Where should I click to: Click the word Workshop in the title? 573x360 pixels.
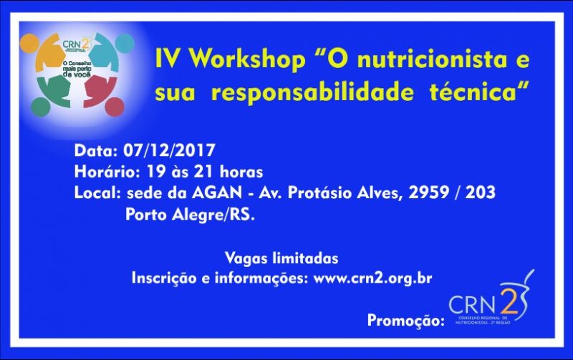coord(244,60)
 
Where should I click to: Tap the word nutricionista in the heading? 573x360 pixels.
coord(426,60)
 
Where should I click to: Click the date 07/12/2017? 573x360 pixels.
coord(169,151)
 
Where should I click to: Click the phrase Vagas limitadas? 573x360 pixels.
coord(281,258)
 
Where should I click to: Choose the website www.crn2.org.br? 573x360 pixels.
coord(372,278)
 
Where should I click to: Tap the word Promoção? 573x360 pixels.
coord(405,321)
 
